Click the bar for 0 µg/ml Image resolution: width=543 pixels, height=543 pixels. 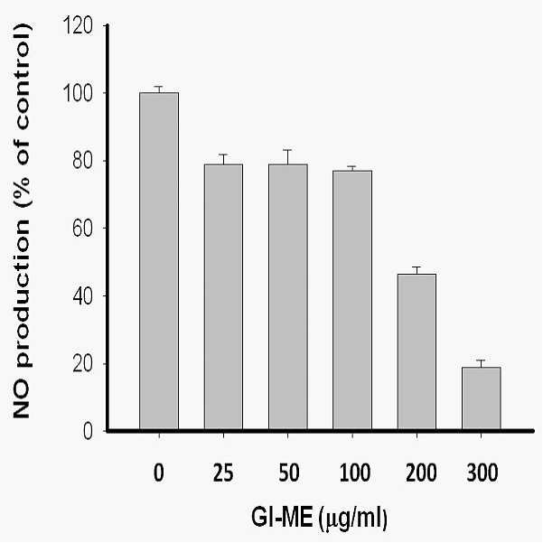(159, 261)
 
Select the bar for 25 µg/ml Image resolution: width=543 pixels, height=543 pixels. (223, 296)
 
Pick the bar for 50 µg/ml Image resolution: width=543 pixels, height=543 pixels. (288, 296)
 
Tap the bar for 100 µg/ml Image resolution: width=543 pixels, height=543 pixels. (352, 300)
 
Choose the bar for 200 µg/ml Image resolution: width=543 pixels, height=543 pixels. (417, 351)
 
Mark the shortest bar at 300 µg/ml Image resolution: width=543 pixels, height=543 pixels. (482, 398)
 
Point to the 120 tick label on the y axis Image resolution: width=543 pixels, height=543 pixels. (78, 25)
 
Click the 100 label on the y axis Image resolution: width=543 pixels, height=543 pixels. (78, 93)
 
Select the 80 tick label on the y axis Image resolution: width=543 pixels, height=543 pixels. (83, 162)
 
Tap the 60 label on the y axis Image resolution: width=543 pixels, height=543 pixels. (83, 229)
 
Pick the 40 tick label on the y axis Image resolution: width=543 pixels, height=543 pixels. (83, 296)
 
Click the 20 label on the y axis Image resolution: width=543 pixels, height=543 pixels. (83, 365)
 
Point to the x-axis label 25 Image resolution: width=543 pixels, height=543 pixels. (223, 473)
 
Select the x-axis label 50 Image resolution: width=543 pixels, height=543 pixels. (288, 473)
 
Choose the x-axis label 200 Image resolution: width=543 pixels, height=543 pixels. (421, 473)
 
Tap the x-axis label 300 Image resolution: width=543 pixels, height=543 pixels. (482, 473)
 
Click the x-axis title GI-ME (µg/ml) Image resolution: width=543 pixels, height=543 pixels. (319, 520)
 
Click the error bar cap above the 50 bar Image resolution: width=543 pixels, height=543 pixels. (288, 150)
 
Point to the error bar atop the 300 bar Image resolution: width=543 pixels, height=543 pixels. (481, 363)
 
